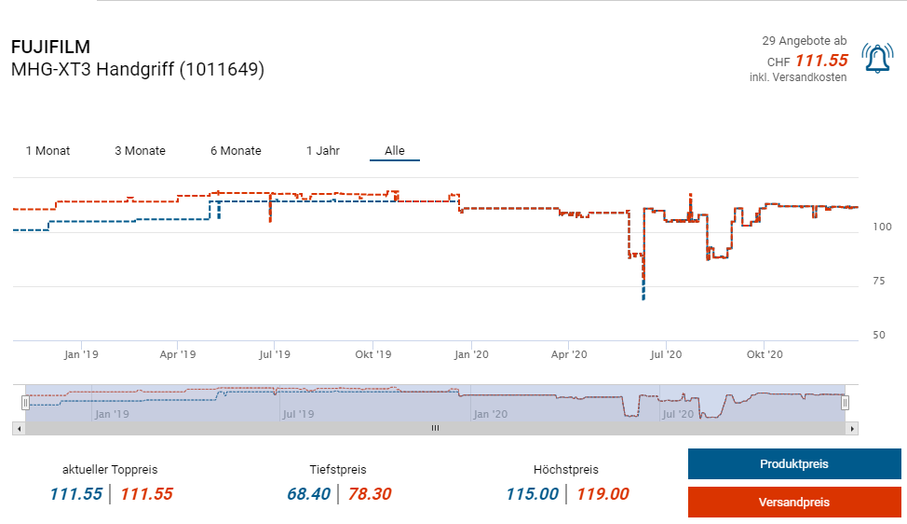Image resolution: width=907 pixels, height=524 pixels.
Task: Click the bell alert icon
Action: click(x=877, y=59)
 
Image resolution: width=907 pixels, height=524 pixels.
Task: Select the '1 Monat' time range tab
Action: click(x=47, y=151)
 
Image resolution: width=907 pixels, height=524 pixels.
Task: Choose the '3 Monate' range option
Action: click(x=140, y=151)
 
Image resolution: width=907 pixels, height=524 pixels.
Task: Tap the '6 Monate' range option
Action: click(x=236, y=151)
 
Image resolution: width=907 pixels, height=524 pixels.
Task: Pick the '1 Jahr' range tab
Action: click(x=322, y=151)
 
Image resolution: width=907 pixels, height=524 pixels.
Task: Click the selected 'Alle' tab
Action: click(x=395, y=151)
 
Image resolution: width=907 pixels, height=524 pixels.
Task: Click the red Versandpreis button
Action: click(x=793, y=502)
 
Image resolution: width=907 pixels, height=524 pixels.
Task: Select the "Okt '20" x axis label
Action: click(x=763, y=355)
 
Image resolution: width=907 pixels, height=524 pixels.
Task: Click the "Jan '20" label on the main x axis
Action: click(x=470, y=355)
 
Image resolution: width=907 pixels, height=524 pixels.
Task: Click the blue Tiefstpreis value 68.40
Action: click(x=308, y=494)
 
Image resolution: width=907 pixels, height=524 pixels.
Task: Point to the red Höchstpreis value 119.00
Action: click(x=602, y=494)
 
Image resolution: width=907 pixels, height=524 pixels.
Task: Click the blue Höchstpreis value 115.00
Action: click(x=532, y=494)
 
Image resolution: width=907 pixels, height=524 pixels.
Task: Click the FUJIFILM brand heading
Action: click(x=50, y=48)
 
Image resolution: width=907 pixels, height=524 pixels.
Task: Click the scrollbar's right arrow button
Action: click(x=851, y=428)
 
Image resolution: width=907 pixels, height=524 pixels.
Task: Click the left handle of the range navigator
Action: click(x=26, y=403)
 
